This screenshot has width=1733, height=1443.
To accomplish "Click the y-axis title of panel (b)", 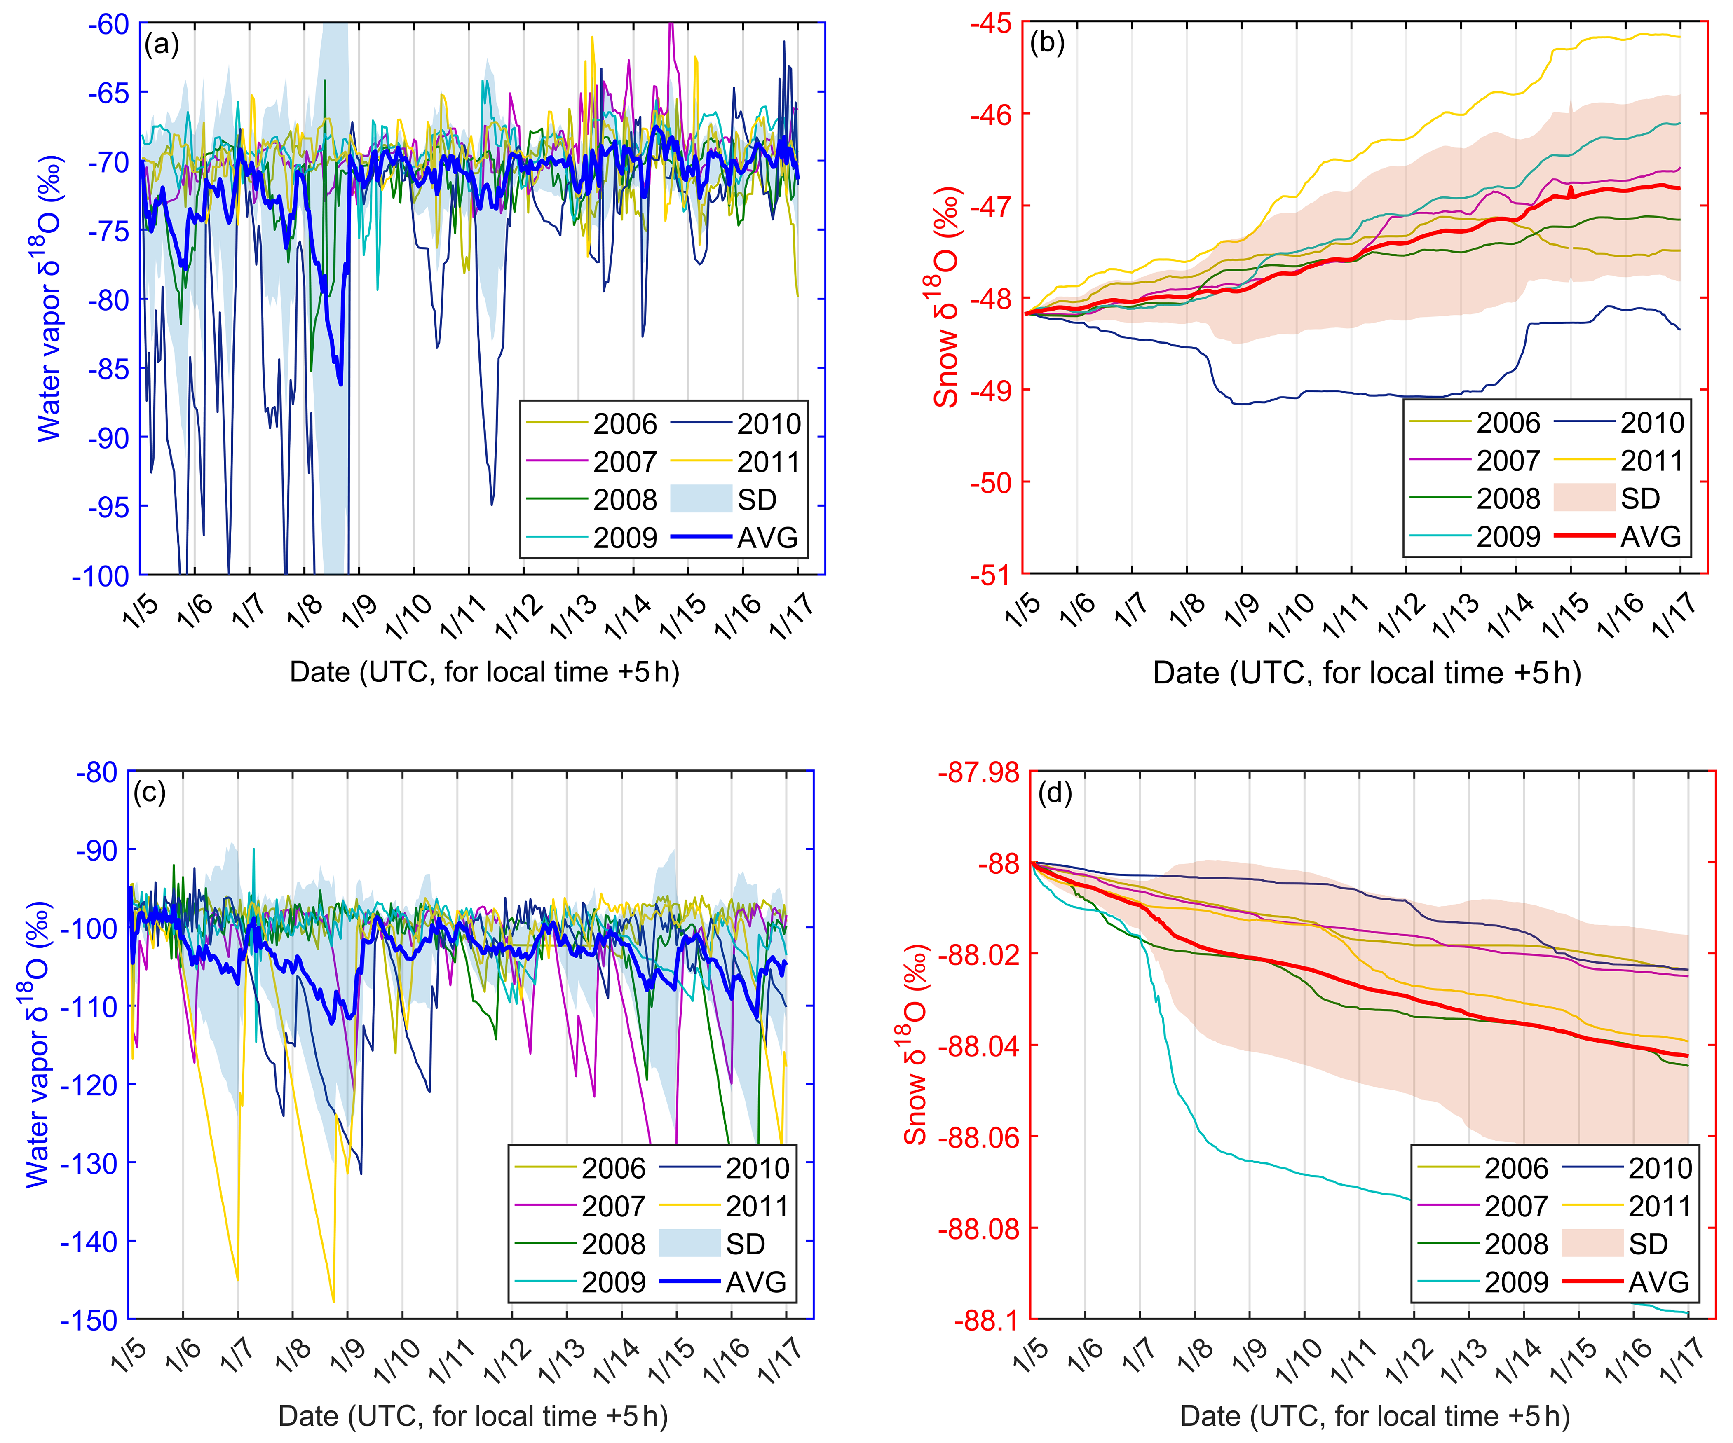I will pyautogui.click(x=947, y=297).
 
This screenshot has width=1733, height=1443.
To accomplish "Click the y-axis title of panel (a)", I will pyautogui.click(x=49, y=297).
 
